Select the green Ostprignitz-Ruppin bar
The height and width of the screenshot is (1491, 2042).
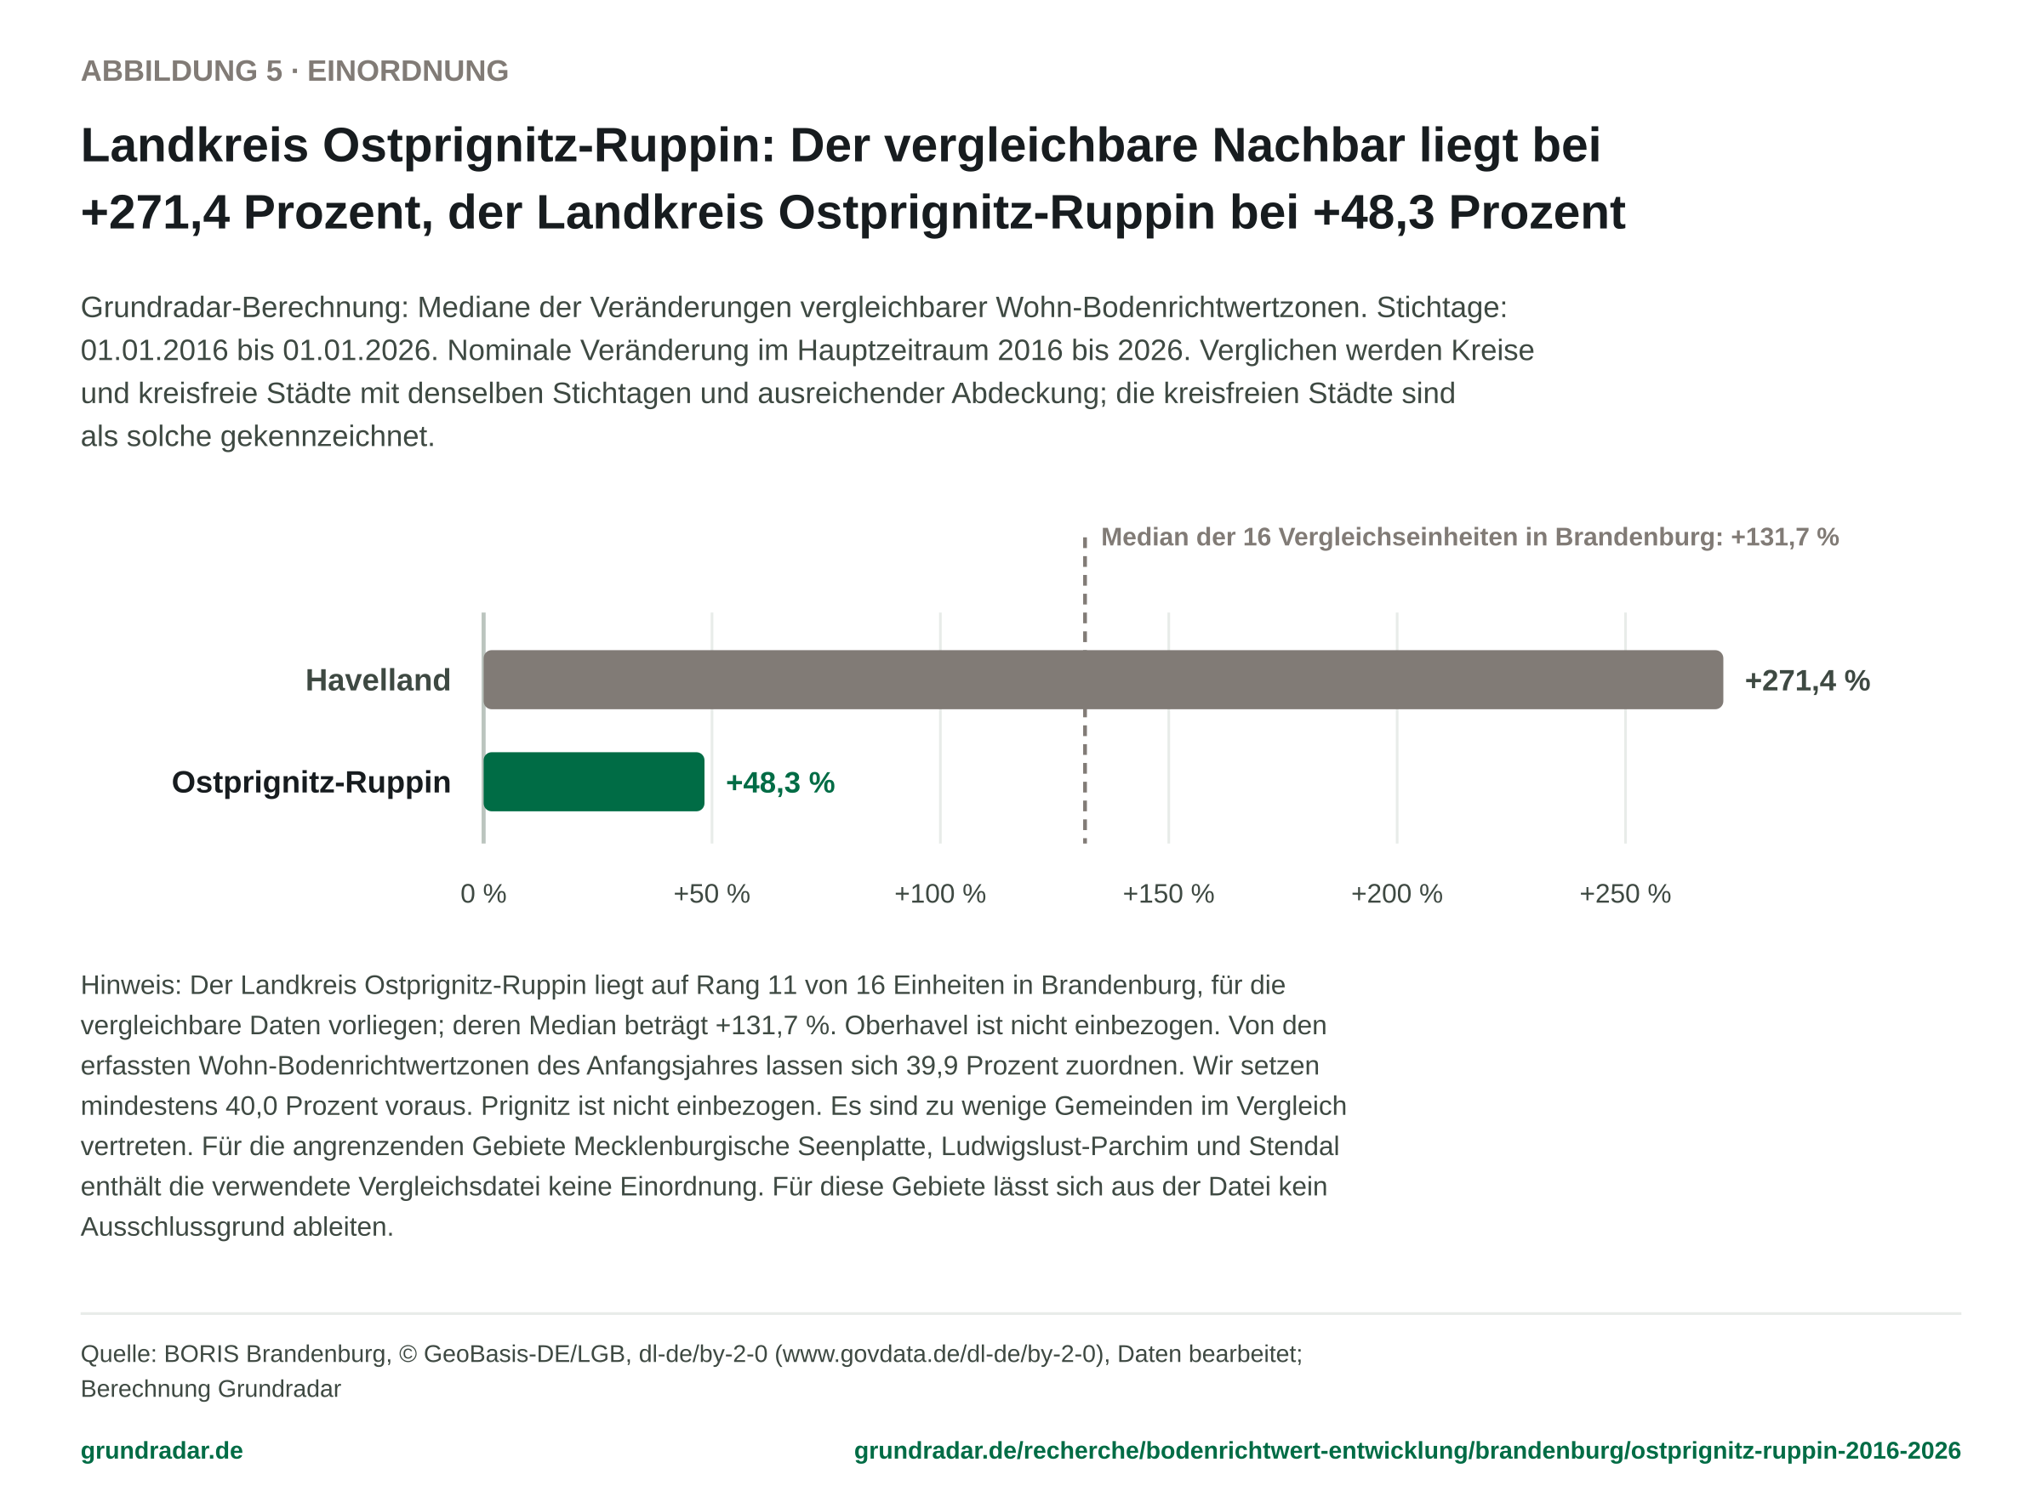(x=593, y=782)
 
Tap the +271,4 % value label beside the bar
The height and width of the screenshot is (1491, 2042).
(x=1806, y=680)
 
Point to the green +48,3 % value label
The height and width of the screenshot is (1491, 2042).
(x=780, y=782)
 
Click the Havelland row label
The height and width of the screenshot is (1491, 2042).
(x=378, y=680)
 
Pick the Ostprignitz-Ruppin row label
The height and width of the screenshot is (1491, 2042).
(x=311, y=782)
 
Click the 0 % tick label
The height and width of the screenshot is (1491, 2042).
(x=483, y=894)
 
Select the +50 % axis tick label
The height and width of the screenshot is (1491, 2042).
(x=711, y=894)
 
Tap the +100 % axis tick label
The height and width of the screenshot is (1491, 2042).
(x=940, y=894)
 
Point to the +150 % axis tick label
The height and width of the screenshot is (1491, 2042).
(x=1168, y=894)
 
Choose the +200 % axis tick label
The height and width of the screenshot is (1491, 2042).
(x=1396, y=894)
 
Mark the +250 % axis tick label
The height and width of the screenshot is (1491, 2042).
(x=1625, y=894)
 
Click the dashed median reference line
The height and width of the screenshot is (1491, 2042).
(x=1085, y=690)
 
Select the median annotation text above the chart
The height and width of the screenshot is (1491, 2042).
(x=1469, y=537)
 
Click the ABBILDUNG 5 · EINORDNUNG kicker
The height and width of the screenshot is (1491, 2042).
(x=294, y=71)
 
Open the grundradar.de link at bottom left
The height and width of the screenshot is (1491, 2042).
(x=162, y=1450)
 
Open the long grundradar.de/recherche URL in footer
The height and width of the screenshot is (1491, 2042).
(x=1407, y=1450)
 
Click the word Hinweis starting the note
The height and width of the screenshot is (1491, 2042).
(x=131, y=985)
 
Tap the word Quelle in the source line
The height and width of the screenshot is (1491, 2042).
(x=118, y=1354)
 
